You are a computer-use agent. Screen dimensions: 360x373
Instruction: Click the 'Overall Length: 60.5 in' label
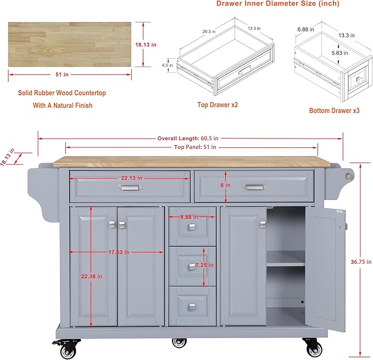pos(188,139)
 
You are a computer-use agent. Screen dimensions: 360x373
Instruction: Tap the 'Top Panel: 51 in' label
pos(195,147)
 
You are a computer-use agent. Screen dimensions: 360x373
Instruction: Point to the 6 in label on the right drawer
pos(226,185)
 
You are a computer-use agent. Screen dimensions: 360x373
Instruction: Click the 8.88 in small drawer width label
pos(189,217)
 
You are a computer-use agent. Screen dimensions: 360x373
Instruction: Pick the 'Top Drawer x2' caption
pos(218,104)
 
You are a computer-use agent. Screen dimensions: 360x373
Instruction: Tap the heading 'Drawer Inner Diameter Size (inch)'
pos(277,4)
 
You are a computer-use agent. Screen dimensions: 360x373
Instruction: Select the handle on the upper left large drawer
pos(130,188)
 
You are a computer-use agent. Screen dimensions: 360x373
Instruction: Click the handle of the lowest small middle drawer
pos(192,307)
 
